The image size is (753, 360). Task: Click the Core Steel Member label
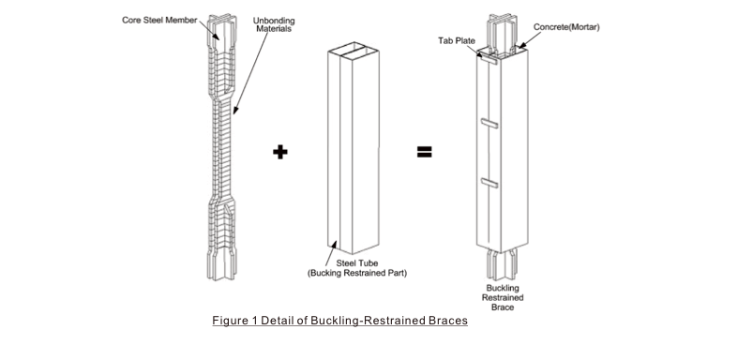(x=159, y=21)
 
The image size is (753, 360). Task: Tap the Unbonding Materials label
(x=274, y=24)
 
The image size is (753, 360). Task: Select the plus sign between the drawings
(x=280, y=152)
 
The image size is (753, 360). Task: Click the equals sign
(x=424, y=152)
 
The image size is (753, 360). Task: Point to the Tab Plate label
(x=457, y=41)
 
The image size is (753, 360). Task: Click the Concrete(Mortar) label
(x=566, y=27)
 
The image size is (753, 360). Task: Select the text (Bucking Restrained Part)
(x=357, y=274)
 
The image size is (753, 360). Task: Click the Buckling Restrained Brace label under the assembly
(x=503, y=297)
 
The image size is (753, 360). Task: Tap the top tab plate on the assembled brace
(x=489, y=59)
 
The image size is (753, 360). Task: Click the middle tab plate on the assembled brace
(x=489, y=124)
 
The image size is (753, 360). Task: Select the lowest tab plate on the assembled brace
(x=489, y=183)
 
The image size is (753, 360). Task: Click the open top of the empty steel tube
(x=354, y=48)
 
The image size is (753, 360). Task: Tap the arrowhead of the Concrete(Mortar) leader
(x=520, y=47)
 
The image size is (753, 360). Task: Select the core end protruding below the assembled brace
(x=502, y=264)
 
